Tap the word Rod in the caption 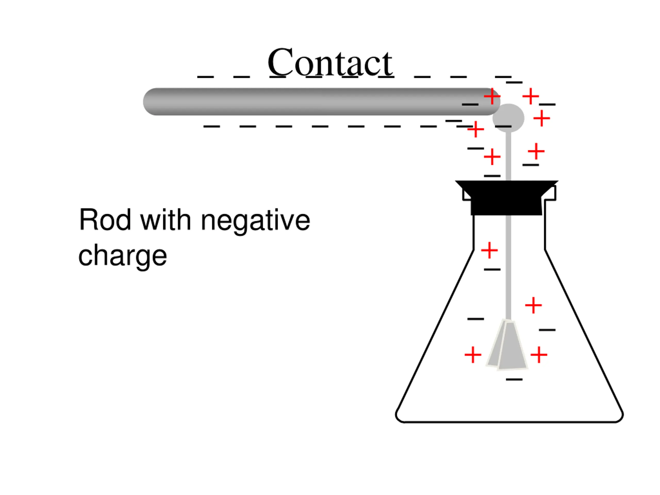pyautogui.click(x=105, y=220)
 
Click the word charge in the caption pyautogui.click(x=122, y=256)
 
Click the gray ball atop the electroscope pyautogui.click(x=508, y=118)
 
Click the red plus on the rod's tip pyautogui.click(x=492, y=97)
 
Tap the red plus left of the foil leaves pyautogui.click(x=473, y=355)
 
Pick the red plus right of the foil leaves pyautogui.click(x=539, y=355)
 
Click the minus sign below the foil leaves pyautogui.click(x=514, y=379)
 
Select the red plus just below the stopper pyautogui.click(x=489, y=250)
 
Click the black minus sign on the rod pyautogui.click(x=470, y=104)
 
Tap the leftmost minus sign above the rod pyautogui.click(x=205, y=77)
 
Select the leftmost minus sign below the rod pyautogui.click(x=212, y=127)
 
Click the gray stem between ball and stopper pyautogui.click(x=508, y=157)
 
